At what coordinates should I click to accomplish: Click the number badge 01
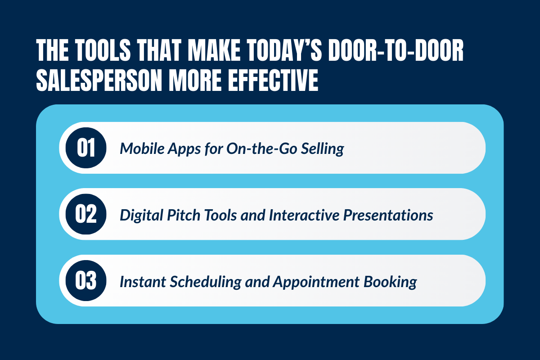86,148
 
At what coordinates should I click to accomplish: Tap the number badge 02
86,214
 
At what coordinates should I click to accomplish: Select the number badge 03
86,281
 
